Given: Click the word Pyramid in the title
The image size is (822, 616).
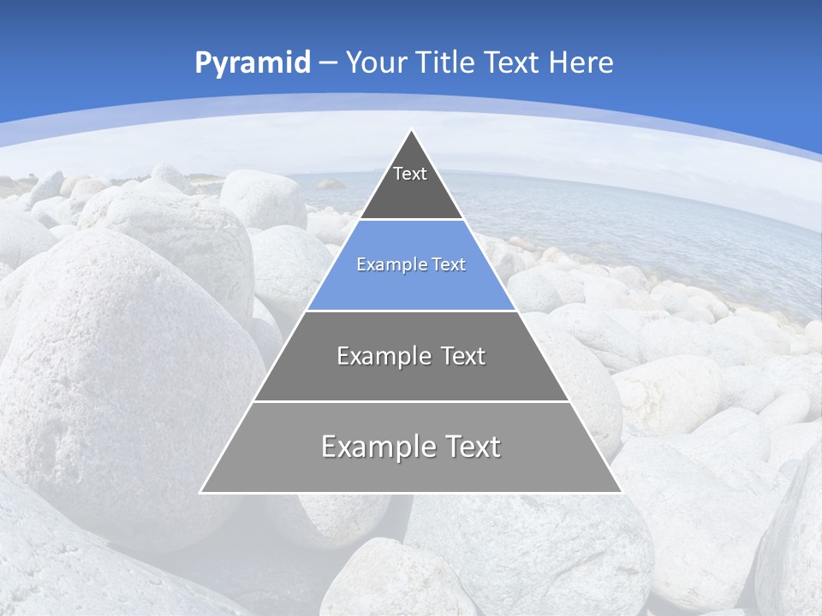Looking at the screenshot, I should coord(252,63).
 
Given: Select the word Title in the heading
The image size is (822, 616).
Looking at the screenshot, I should coord(444,62).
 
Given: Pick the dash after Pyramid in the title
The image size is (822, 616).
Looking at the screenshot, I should coord(328,63).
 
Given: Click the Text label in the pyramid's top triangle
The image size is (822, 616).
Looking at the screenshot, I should coord(410,175).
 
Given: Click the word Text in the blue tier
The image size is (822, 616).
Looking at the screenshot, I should coord(449,265).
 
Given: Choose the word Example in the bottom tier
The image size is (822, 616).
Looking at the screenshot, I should coord(373,447).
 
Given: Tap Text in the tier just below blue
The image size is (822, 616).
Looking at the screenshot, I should coord(463,356).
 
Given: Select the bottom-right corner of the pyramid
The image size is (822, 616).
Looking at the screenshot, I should coord(621,492).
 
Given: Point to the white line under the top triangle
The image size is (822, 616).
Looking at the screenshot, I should coord(411,220).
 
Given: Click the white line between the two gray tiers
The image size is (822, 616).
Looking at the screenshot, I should coord(411,401).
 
